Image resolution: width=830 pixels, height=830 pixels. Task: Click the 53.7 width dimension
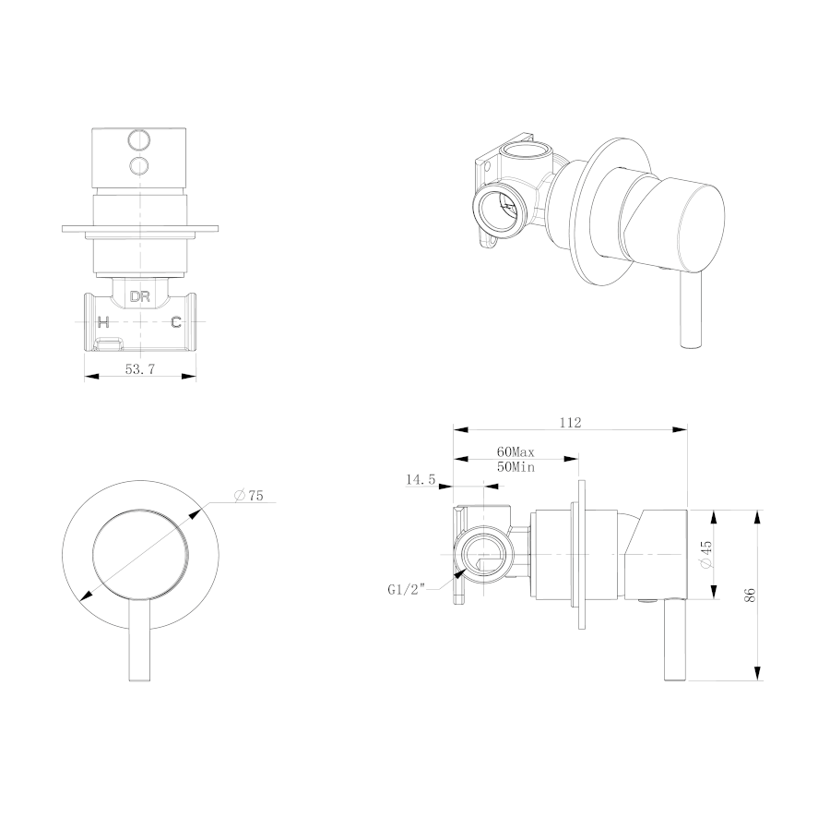[x=140, y=369]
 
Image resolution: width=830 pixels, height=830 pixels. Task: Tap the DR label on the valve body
[x=140, y=296]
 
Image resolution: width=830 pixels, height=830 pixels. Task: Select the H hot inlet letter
[x=103, y=321]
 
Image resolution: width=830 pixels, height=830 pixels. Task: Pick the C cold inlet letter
[x=176, y=321]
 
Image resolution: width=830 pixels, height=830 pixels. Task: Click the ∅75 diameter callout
[x=248, y=496]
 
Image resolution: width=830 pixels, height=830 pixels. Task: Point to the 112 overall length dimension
[x=571, y=423]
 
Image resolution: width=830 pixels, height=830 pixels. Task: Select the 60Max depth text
[x=516, y=452]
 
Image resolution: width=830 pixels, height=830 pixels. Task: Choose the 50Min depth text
[x=516, y=467]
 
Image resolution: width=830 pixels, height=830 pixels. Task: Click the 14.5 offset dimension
[x=421, y=480]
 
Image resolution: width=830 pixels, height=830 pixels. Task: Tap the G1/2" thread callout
[x=407, y=590]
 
